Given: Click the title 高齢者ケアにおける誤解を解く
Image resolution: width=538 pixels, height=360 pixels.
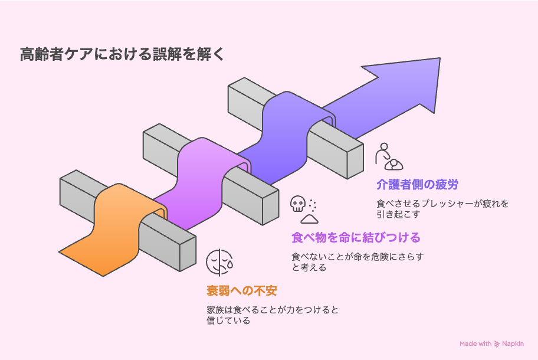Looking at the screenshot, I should click(122, 55).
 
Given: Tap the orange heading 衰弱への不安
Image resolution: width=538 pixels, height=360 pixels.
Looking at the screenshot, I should click(241, 291).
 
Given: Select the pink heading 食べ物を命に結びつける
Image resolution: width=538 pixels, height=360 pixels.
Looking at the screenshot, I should click(356, 238).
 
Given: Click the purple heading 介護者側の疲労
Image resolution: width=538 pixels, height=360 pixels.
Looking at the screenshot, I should click(417, 185).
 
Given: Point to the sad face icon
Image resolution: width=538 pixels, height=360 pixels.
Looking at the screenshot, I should click(219, 263).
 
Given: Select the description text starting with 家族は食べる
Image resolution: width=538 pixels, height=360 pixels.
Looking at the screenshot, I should click(272, 315).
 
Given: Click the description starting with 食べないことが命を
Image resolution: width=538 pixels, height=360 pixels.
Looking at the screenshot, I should click(357, 262).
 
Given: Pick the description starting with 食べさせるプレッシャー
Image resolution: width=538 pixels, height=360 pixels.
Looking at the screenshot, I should click(442, 209).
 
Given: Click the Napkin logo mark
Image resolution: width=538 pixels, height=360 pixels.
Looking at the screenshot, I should click(497, 343).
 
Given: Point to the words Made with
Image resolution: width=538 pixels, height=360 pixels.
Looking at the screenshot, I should click(475, 343).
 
